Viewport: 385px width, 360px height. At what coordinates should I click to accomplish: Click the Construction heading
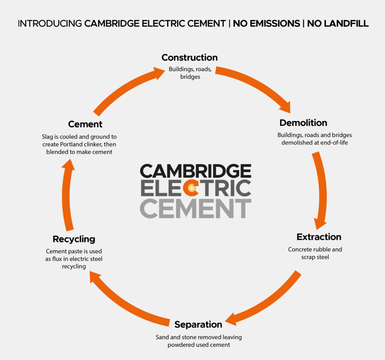pos(189,57)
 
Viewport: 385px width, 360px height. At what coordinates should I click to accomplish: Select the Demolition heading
pos(303,123)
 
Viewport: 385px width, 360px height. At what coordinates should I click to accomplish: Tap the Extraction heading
pos(319,237)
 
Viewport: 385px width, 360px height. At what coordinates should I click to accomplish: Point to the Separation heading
pos(199,324)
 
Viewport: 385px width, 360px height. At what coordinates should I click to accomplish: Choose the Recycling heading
pos(74,239)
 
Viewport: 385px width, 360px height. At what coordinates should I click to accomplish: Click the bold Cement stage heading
pos(85,124)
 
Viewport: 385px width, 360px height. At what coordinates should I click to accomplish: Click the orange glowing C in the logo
pos(191,188)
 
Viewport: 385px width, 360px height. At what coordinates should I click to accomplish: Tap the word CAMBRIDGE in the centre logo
pos(196,171)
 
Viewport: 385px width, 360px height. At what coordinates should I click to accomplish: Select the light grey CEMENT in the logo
pos(196,208)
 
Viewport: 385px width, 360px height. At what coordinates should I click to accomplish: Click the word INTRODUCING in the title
pos(50,24)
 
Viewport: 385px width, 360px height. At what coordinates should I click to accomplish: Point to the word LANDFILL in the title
pos(338,24)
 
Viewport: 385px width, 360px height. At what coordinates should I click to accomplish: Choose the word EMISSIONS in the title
pos(267,24)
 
